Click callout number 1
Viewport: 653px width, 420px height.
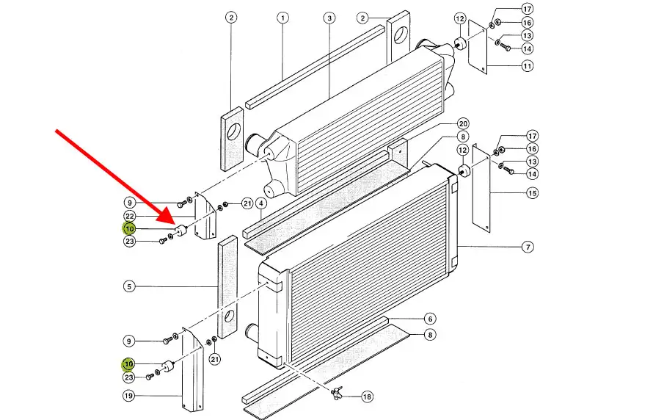pos(283,18)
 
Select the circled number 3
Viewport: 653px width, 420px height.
pos(329,18)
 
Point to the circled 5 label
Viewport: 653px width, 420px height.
pos(129,286)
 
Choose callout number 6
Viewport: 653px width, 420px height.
pos(430,319)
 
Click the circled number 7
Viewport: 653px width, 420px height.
pos(528,247)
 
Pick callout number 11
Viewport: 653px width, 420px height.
pos(528,66)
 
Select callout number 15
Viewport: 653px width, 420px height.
pos(532,194)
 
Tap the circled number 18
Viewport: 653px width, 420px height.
pos(367,397)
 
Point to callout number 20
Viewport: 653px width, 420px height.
pos(463,123)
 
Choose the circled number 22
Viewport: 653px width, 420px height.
pos(129,216)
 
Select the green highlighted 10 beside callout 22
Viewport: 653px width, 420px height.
pos(129,228)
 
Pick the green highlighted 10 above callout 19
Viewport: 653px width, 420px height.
pos(129,363)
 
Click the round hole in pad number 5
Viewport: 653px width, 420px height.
pos(230,317)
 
